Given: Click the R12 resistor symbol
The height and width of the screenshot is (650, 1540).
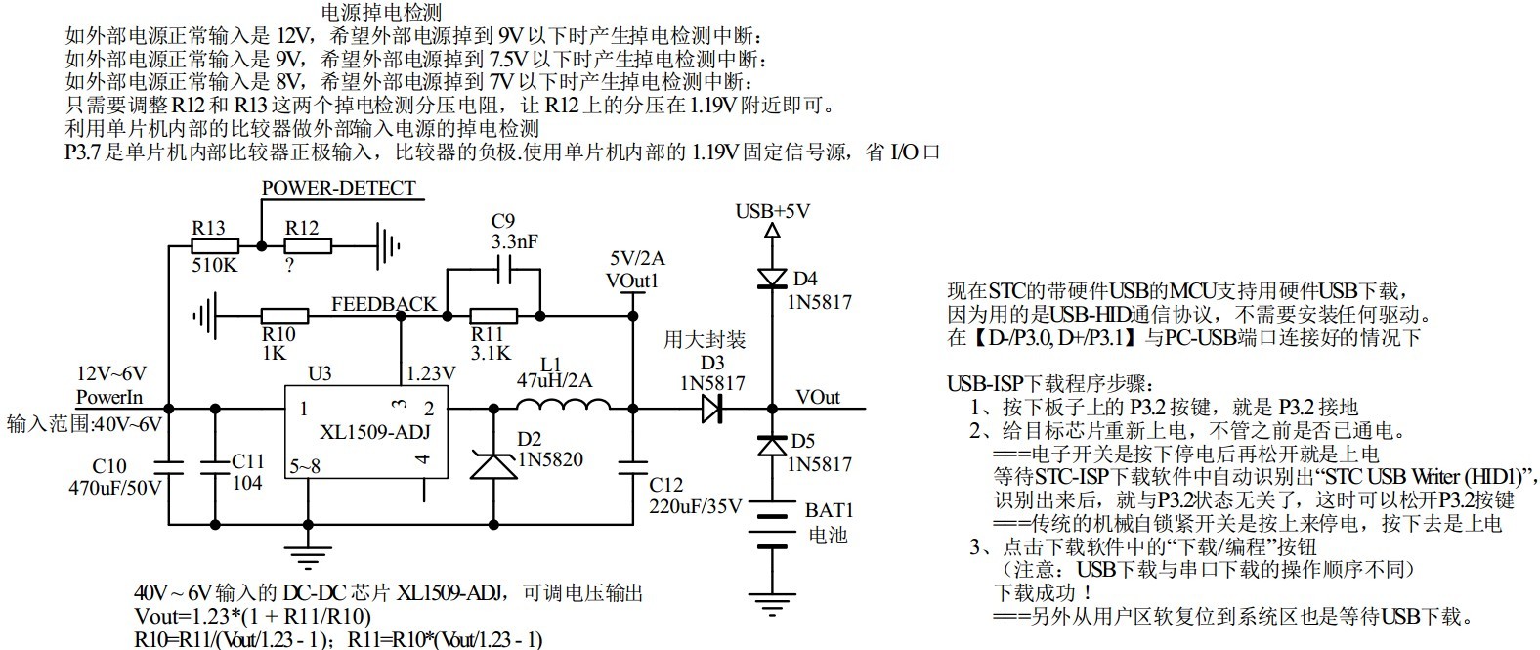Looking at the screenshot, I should (x=307, y=244).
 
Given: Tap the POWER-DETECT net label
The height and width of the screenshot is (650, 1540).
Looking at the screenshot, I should (x=338, y=188).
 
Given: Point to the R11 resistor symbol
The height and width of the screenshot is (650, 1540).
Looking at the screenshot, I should (x=493, y=315).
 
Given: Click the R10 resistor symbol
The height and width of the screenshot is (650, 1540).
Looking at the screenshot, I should (x=284, y=315).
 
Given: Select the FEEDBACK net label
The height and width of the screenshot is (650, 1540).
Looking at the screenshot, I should (x=384, y=303).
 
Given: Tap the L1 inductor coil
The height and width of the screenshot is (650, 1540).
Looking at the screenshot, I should (x=561, y=407).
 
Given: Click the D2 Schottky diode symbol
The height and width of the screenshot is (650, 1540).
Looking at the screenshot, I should (x=492, y=464).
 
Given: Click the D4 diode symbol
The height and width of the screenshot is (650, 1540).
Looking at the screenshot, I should (x=772, y=279).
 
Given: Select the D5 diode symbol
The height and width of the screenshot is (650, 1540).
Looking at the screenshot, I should (x=772, y=446).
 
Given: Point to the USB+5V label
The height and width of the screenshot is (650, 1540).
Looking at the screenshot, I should (x=772, y=211).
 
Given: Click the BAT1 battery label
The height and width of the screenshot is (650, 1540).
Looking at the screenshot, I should (x=829, y=510).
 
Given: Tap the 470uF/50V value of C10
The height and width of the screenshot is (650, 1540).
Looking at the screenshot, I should (x=114, y=486).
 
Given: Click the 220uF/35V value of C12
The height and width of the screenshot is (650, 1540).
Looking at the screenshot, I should (x=696, y=505).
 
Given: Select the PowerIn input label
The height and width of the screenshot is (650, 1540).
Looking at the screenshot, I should (x=108, y=396).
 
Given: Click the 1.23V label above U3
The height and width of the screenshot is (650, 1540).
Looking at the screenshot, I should (x=430, y=373).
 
